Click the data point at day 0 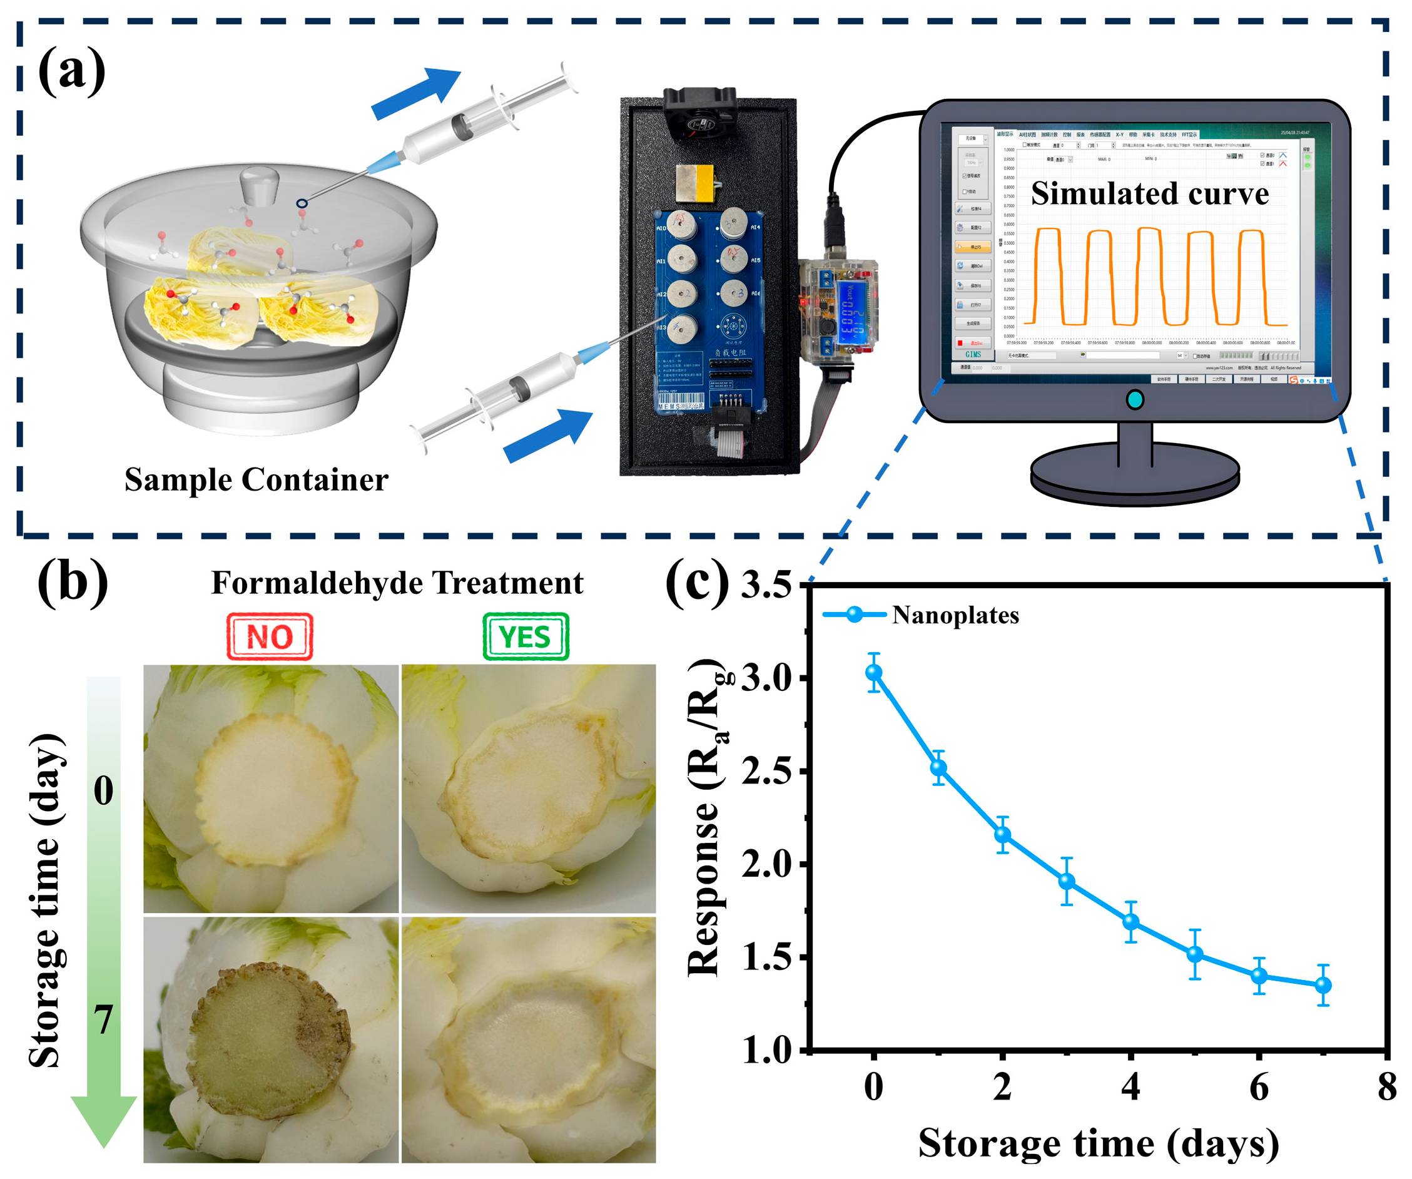click(873, 672)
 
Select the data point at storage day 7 click(1323, 985)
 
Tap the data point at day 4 click(1131, 921)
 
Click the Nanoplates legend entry click(955, 615)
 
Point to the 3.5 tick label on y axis click(766, 584)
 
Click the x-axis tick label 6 click(1259, 1087)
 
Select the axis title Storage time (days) click(1098, 1143)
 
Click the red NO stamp click(270, 636)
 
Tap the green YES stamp click(525, 636)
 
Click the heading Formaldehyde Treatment click(397, 583)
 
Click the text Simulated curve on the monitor click(1149, 194)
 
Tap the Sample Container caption click(256, 479)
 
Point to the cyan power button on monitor click(1134, 399)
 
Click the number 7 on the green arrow click(103, 1020)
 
